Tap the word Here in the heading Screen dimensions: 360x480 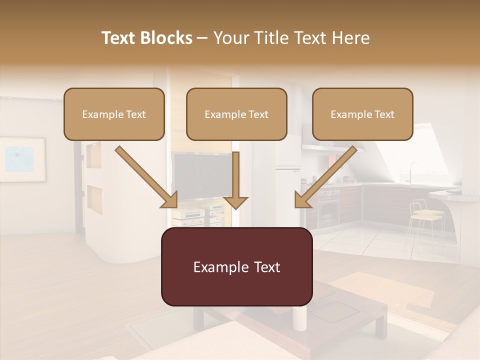[x=349, y=38]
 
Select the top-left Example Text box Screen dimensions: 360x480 [x=114, y=114]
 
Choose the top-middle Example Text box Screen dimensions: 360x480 [x=236, y=114]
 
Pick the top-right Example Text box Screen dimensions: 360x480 [x=362, y=114]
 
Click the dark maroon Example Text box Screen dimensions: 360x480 [x=236, y=266]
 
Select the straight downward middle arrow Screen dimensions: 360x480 [x=235, y=180]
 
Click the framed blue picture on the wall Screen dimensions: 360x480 [x=22, y=159]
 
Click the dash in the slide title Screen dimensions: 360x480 [x=202, y=38]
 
